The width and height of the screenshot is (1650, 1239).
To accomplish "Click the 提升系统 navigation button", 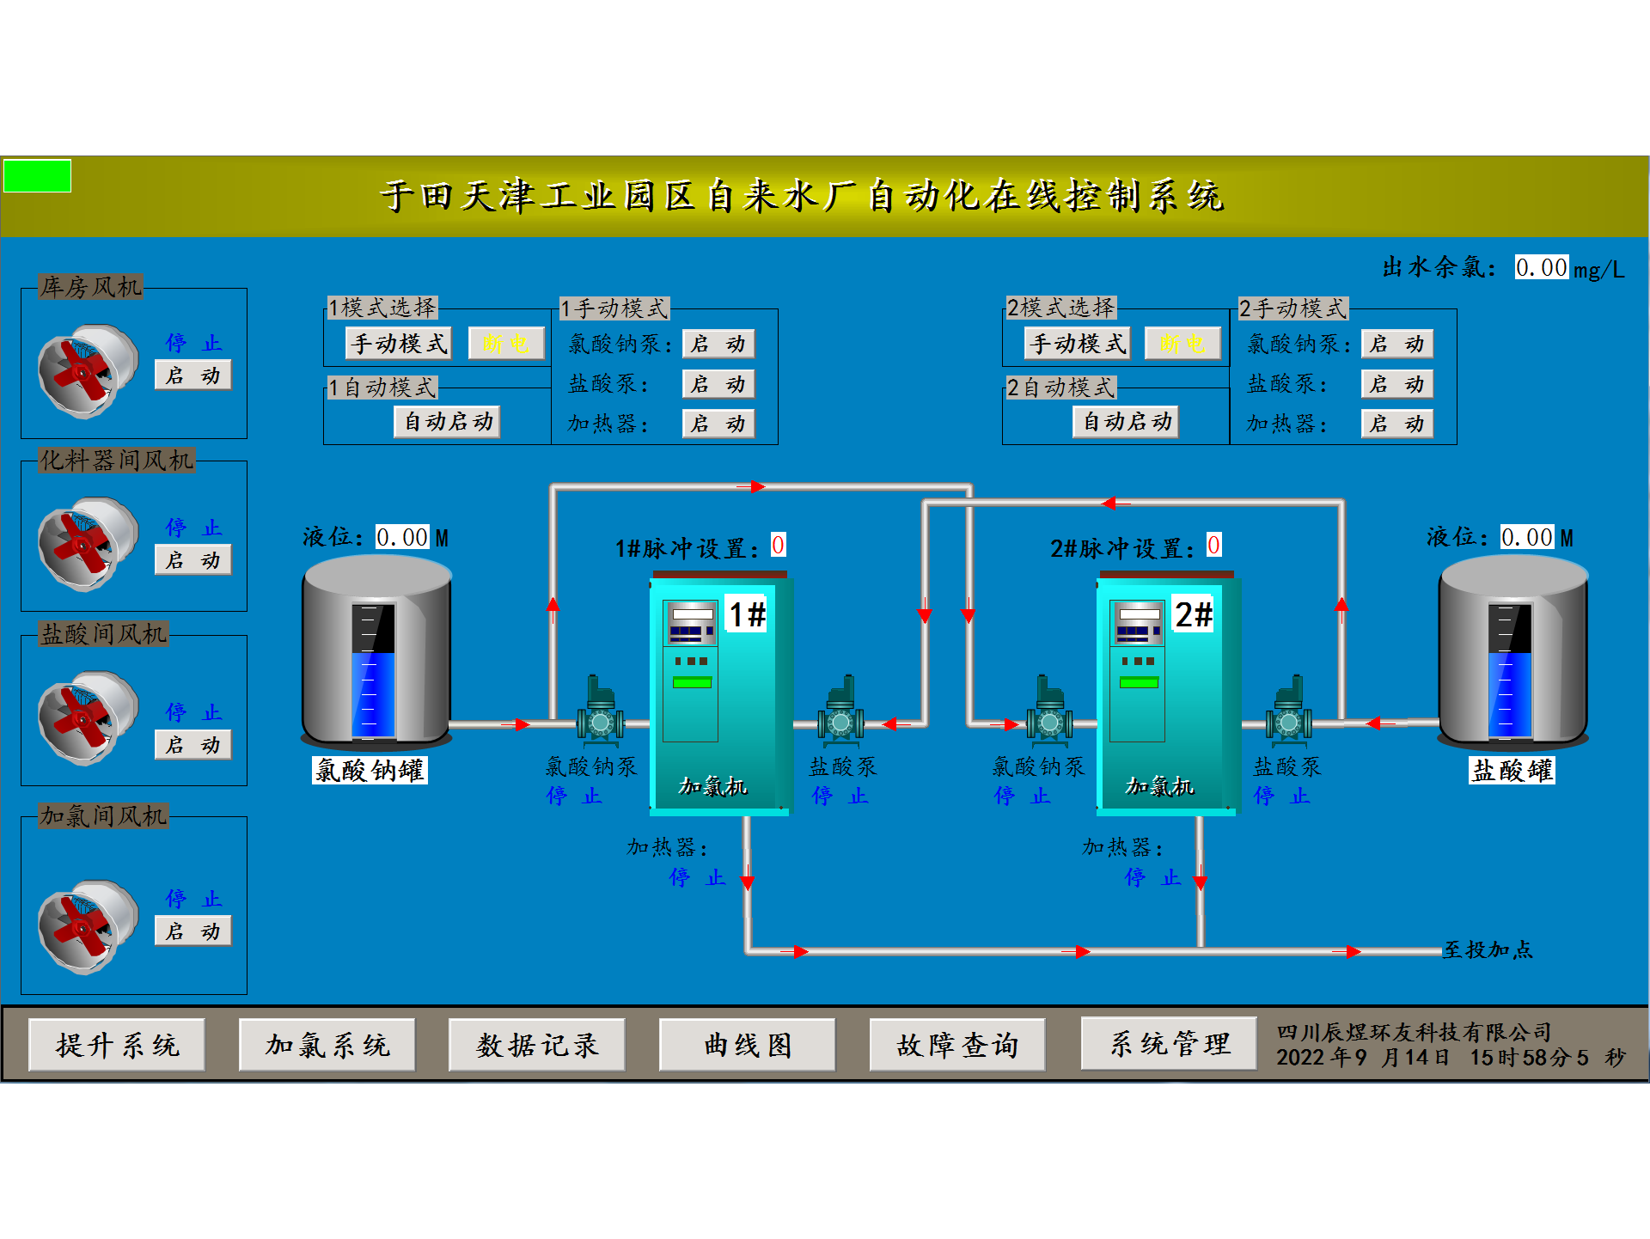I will (x=117, y=1045).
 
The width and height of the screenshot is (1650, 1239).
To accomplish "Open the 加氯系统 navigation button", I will (x=327, y=1045).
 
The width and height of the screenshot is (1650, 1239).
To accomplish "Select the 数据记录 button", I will (x=537, y=1045).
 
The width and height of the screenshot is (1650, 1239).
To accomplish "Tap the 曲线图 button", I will (x=748, y=1045).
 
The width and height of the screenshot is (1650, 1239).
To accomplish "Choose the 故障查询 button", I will (x=957, y=1045).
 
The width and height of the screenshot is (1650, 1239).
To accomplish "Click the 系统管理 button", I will (x=1169, y=1044).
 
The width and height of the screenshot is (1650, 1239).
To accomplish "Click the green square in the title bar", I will (x=37, y=176).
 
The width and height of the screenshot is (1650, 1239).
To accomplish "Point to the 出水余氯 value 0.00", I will (x=1541, y=267).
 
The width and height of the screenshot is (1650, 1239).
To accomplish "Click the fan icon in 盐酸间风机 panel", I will (x=87, y=718).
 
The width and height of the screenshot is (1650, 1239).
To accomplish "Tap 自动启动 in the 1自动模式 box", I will (x=448, y=422).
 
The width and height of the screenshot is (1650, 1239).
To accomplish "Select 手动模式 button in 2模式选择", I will (x=1078, y=344).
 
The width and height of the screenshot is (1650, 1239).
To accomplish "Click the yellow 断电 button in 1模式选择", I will (x=506, y=344).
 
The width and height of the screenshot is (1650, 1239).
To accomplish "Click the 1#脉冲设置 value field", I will (x=778, y=545).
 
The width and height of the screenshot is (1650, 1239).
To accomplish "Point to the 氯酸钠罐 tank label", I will (x=370, y=770).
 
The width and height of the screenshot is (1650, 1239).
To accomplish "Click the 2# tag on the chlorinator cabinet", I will (x=1194, y=614).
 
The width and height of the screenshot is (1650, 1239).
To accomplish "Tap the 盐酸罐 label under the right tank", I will (x=1512, y=770).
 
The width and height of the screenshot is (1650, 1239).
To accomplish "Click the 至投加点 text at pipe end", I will (x=1488, y=949).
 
